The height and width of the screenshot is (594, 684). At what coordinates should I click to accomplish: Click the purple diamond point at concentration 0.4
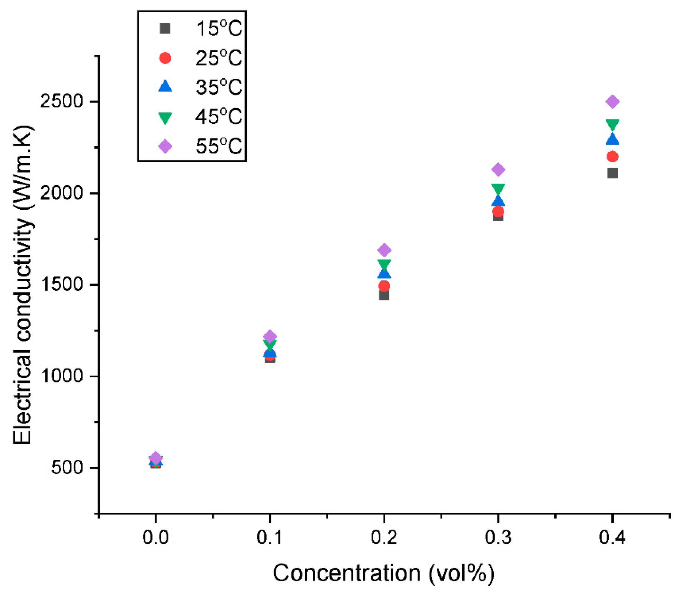point(612,101)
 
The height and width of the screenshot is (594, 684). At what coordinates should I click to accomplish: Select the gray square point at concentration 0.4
point(612,173)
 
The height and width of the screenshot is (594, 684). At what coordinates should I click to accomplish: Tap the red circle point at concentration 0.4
point(612,157)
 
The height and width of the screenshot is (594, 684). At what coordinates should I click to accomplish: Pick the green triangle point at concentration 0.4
point(612,125)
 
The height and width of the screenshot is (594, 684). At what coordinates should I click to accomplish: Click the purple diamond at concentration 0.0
point(156,458)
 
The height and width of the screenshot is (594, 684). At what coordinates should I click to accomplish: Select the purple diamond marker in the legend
point(165,146)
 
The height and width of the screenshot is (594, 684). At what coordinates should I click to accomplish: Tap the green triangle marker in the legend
point(165,117)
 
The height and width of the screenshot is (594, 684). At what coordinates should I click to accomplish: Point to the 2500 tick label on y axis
point(61,101)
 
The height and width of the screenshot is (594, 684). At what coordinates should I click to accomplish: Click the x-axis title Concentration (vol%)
point(384,573)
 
